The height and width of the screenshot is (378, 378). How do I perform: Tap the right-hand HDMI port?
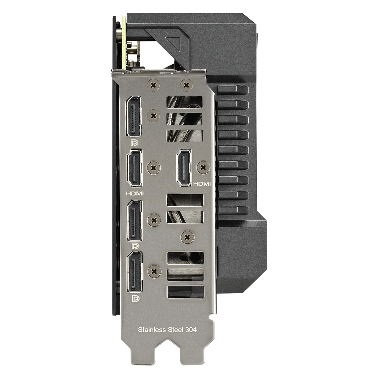pyautogui.click(x=184, y=168)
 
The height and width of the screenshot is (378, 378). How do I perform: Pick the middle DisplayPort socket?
pyautogui.click(x=135, y=220)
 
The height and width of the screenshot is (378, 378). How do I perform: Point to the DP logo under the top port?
pyautogui.click(x=135, y=143)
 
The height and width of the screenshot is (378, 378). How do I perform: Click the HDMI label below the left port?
pyautogui.click(x=135, y=193)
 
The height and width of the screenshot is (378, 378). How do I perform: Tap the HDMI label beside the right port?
pyautogui.click(x=202, y=184)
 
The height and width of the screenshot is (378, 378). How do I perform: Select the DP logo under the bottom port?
pyautogui.click(x=135, y=299)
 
